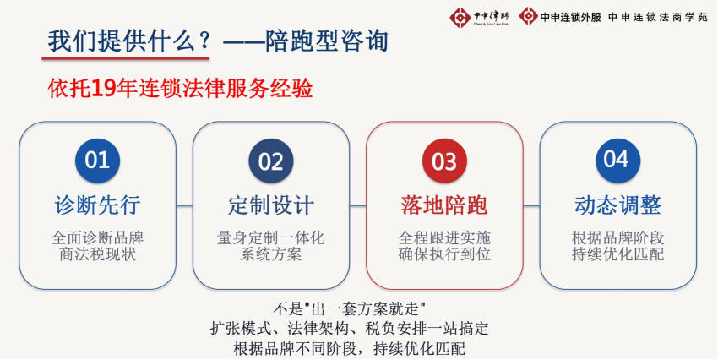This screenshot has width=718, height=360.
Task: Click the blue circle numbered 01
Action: (97, 161)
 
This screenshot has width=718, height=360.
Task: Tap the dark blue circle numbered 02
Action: (271, 161)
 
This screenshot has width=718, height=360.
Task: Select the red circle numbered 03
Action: (444, 161)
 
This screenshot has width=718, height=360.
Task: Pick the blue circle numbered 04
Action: (618, 161)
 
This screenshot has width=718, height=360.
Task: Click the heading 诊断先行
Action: (97, 205)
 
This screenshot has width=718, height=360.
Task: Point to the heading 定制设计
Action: (271, 205)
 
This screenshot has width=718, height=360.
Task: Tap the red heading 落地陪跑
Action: (444, 205)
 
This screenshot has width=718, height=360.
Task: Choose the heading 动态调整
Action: (618, 205)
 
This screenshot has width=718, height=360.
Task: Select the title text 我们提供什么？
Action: (129, 41)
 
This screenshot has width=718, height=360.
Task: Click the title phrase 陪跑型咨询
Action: (327, 41)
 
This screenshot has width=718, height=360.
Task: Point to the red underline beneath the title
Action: (126, 58)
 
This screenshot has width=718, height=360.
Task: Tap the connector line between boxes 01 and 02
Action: (184, 205)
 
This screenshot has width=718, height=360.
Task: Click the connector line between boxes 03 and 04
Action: (531, 205)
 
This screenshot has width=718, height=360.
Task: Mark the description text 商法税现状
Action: (97, 254)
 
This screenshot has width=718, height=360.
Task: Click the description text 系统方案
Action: (271, 254)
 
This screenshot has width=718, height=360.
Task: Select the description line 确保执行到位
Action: (444, 254)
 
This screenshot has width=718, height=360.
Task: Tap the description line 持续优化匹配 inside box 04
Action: (618, 254)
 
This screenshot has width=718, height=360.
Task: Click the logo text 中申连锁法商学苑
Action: (658, 18)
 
